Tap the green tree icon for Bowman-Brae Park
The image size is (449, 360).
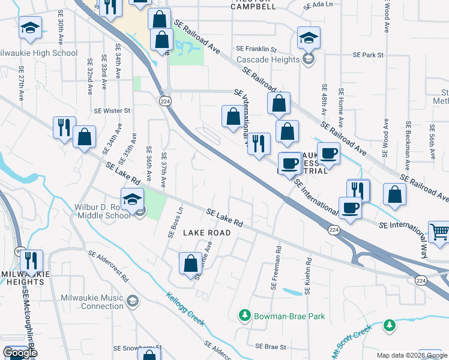pyautogui.click(x=244, y=314)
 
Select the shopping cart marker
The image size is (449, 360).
pyautogui.click(x=439, y=232)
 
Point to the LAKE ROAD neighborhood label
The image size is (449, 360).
pyautogui.click(x=206, y=232)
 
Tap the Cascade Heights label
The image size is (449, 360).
pyautogui.click(x=268, y=59)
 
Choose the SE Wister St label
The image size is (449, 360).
pyautogui.click(x=112, y=111)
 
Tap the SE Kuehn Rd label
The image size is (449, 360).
pyautogui.click(x=308, y=276)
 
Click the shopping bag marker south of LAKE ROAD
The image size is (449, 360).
pyautogui.click(x=190, y=263)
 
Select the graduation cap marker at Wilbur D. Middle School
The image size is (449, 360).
pyautogui.click(x=132, y=199)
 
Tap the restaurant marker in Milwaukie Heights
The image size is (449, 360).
pyautogui.click(x=31, y=260)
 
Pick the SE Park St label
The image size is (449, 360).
pyautogui.click(x=368, y=55)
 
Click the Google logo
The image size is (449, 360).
pyautogui.click(x=20, y=353)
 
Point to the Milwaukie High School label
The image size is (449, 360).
pyautogui.click(x=40, y=53)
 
